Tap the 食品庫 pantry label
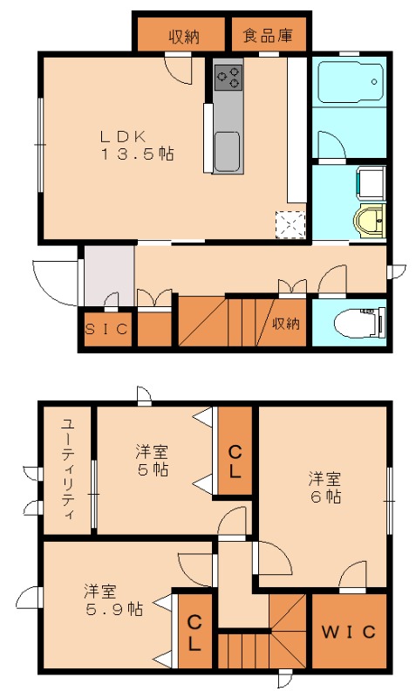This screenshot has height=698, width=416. [x=267, y=37]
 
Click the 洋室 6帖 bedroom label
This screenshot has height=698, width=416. [x=323, y=488]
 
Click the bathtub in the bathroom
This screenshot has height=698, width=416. [x=349, y=83]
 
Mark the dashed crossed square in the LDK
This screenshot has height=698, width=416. [x=290, y=224]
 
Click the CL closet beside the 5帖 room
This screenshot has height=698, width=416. [x=235, y=461]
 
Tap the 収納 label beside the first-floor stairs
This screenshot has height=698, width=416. [x=286, y=324]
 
